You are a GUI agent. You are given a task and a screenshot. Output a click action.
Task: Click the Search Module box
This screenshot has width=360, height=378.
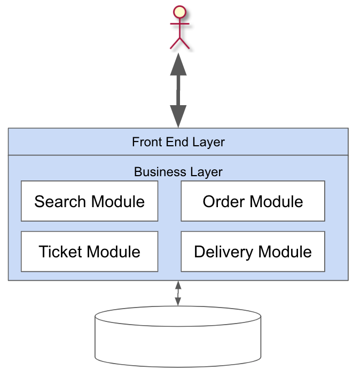pyautogui.click(x=89, y=201)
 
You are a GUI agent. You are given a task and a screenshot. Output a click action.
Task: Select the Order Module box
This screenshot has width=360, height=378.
pyautogui.click(x=253, y=201)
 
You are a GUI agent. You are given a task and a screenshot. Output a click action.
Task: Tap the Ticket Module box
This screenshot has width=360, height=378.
pyautogui.click(x=89, y=251)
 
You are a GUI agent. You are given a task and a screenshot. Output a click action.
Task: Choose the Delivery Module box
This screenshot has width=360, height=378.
pyautogui.click(x=253, y=251)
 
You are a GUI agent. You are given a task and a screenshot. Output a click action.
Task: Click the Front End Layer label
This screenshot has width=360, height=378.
pyautogui.click(x=178, y=142)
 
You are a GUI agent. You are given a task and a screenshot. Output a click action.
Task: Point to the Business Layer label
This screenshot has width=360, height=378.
pyautogui.click(x=178, y=172)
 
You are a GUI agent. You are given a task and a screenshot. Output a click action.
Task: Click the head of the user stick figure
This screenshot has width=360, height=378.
pyautogui.click(x=179, y=12)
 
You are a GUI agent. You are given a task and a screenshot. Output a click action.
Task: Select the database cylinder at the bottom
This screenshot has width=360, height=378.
pyautogui.click(x=178, y=336)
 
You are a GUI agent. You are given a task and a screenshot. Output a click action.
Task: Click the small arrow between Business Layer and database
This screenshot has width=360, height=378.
pyautogui.click(x=178, y=294)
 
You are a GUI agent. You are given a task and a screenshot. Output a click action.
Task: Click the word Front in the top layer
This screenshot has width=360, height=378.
pyautogui.click(x=145, y=142)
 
